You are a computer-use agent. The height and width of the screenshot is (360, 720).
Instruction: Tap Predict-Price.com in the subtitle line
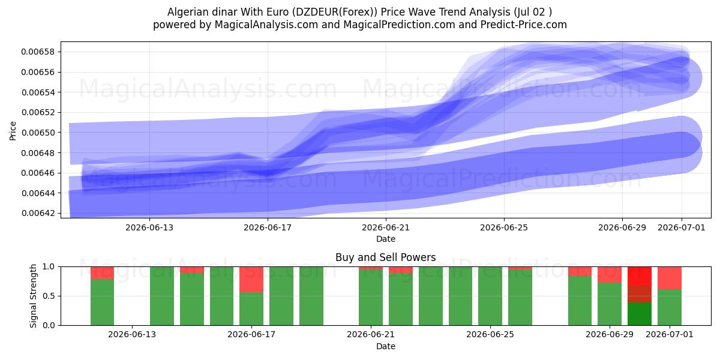(524, 25)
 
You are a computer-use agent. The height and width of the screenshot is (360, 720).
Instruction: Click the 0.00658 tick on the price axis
(38, 52)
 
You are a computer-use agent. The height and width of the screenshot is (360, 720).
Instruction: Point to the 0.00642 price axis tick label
(38, 213)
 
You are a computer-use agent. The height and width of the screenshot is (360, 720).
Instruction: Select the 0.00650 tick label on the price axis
(38, 133)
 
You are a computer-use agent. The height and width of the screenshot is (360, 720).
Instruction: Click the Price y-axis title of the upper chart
(13, 131)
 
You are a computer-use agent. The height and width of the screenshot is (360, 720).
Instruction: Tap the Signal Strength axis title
(33, 296)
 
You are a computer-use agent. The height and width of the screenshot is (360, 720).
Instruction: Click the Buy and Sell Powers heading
(385, 257)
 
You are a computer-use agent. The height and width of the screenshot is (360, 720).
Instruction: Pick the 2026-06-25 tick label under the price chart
(503, 227)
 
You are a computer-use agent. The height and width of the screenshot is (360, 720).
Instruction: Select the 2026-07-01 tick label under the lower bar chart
(669, 334)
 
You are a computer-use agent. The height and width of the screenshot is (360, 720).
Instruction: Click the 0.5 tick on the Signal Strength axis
(49, 296)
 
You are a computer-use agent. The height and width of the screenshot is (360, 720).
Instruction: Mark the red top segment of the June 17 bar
(251, 280)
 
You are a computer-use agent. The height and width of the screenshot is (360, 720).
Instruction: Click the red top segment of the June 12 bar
(102, 273)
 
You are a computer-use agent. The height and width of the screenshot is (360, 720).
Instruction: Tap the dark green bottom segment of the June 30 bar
(640, 314)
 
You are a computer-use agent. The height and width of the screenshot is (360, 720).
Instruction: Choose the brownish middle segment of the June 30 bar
(640, 294)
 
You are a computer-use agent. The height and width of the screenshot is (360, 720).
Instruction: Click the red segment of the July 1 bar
(670, 278)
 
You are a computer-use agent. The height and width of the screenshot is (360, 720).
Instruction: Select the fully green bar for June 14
(162, 296)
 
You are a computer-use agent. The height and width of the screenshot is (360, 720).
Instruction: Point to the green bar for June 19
(311, 296)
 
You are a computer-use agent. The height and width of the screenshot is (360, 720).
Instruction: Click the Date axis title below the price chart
(386, 239)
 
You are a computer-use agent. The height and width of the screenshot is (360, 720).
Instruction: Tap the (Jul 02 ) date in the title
(533, 12)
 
